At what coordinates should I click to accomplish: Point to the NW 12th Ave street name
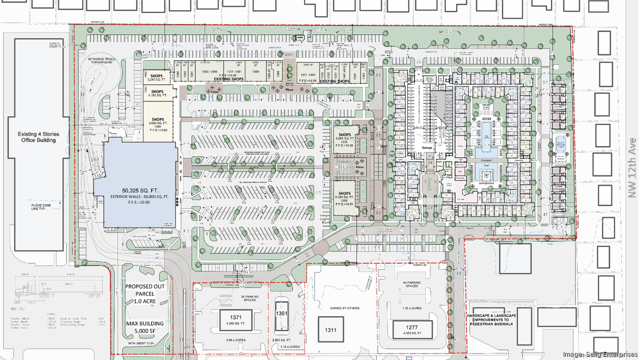633,167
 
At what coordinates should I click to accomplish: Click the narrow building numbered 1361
282,314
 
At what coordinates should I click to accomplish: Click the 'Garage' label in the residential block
426,148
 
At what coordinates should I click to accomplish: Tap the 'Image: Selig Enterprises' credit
600,354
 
